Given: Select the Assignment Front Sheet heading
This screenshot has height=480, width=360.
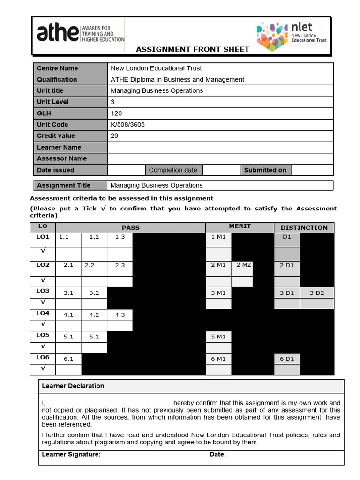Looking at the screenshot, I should tap(193, 49).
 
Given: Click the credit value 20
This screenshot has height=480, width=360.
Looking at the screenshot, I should tap(114, 136).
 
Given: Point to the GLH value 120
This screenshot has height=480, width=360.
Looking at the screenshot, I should tap(116, 113).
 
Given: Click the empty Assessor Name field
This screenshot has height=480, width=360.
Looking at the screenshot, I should tap(220, 158).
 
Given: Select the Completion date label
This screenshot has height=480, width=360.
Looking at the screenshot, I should tap(173, 170).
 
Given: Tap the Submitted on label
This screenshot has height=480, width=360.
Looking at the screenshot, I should tap(265, 170).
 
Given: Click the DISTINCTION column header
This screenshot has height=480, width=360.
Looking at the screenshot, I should tap(304, 228).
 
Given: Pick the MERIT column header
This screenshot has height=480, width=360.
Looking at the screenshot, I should tap(240, 226).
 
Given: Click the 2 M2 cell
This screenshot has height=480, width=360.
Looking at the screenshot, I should tap(244, 265).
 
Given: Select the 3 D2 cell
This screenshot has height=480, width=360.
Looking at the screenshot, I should tap(317, 293).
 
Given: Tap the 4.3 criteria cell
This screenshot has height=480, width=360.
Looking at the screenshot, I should tap(120, 315).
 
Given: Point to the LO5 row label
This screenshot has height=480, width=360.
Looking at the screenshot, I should tap(43, 336).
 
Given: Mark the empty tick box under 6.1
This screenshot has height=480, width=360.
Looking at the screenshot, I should tap(68, 370).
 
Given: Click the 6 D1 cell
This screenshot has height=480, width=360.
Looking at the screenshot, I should tap(287, 359).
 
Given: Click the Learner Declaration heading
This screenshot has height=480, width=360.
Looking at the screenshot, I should tap(73, 386).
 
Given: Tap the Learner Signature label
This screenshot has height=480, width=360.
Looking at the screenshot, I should tap(71, 454).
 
